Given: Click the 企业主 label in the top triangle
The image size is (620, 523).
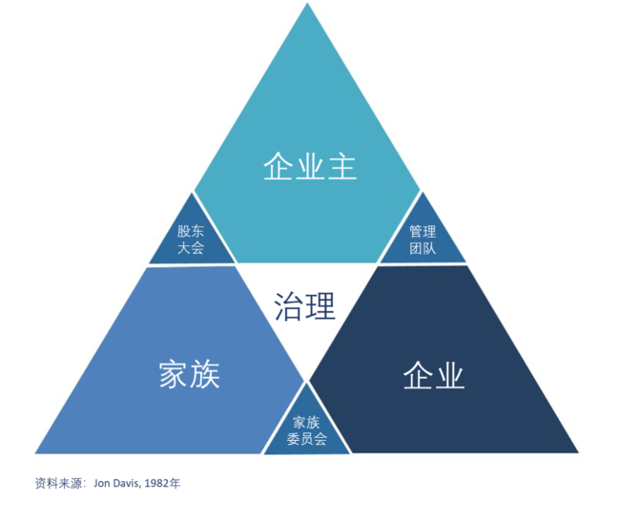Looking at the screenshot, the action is [310, 167].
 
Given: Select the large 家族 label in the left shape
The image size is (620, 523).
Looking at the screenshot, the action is [190, 374].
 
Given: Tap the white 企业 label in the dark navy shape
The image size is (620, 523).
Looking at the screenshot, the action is [434, 375].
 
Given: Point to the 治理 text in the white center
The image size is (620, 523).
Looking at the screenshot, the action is [304, 305].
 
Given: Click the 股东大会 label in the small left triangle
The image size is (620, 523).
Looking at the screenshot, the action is [191, 240].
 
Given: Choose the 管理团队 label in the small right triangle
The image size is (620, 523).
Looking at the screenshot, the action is [423, 240].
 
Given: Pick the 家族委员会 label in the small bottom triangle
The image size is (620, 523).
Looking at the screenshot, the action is [307, 430].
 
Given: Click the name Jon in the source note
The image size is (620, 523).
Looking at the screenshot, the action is [102, 483].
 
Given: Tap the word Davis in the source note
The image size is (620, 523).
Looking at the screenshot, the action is [127, 483].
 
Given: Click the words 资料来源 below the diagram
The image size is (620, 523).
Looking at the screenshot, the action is [58, 483].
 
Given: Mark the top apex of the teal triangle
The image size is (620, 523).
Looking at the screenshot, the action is [307, 3].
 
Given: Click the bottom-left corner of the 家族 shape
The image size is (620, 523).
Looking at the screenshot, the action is [35, 453].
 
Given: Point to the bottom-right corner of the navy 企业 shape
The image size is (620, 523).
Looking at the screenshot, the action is [578, 452].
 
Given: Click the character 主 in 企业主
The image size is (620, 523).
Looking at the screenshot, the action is [342, 167].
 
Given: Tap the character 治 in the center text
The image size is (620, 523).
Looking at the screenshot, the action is [288, 305].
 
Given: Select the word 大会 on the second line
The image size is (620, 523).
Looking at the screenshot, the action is [191, 247].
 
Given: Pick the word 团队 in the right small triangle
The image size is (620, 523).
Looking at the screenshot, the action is [423, 248].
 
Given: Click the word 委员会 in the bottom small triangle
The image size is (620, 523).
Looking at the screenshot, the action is [307, 439].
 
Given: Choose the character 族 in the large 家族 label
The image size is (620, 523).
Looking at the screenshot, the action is [205, 374].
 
